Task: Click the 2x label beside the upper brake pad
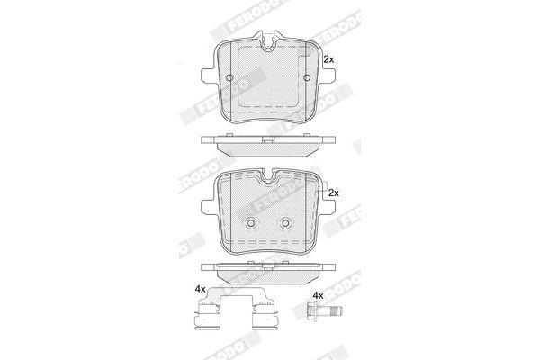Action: pyautogui.click(x=328, y=58)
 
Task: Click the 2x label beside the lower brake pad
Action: pyautogui.click(x=333, y=193)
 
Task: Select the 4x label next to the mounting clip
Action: pyautogui.click(x=200, y=289)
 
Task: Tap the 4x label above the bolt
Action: pyautogui.click(x=317, y=295)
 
